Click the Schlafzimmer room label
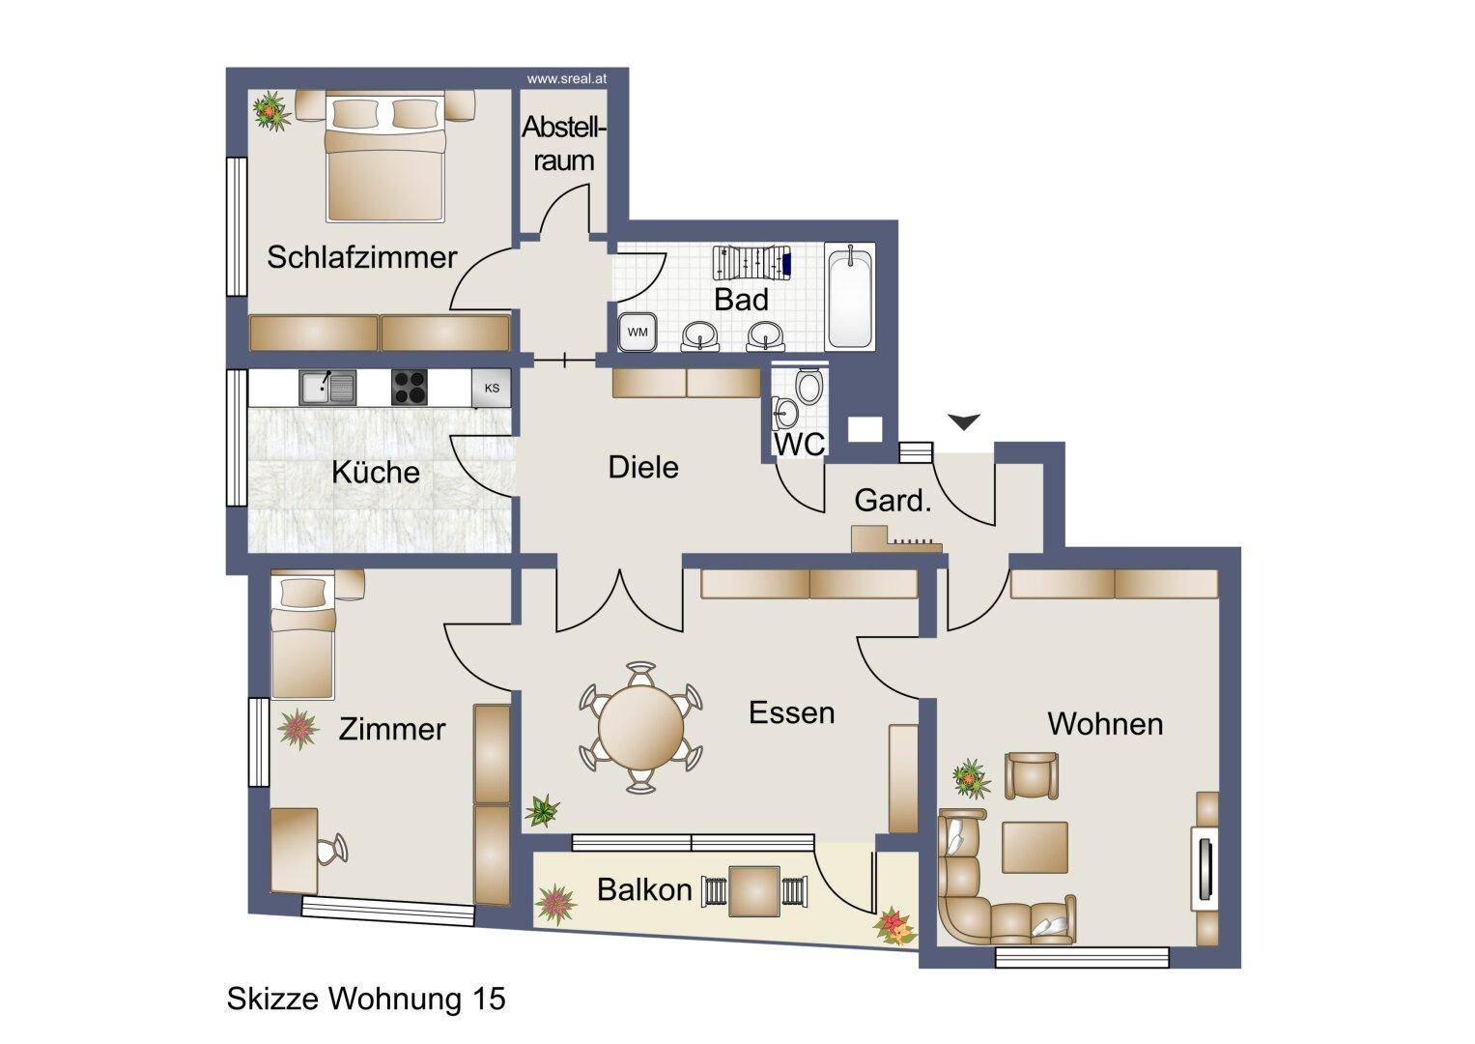pos(361,257)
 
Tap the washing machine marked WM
pos(637,332)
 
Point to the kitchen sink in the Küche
pos(327,387)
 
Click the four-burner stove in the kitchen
pos(409,387)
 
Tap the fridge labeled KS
pos(492,388)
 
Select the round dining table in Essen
pos(640,728)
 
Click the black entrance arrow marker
pos(964,420)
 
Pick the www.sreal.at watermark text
pos(566,79)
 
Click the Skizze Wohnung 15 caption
pos(366,999)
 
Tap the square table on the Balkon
pos(754,891)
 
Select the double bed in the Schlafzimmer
pos(385,158)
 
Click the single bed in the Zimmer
pos(303,637)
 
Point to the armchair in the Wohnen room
pos(1032,774)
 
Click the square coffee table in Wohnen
pos(1035,847)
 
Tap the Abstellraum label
pos(564,144)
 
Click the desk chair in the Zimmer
pos(331,850)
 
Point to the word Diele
pos(643,467)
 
